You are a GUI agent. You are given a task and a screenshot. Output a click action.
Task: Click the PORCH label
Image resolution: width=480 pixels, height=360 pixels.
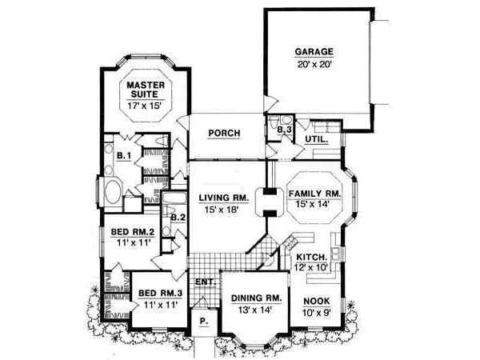coord(223,134)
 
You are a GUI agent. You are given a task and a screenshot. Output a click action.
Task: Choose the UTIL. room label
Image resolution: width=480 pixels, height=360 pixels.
coord(317,140)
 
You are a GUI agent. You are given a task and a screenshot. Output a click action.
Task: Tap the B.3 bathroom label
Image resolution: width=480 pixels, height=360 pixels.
coord(284,130)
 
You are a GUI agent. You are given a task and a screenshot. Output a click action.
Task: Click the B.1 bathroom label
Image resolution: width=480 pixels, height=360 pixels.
coord(123,155)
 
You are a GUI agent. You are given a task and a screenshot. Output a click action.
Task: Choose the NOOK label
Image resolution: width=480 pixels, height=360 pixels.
coord(316,302)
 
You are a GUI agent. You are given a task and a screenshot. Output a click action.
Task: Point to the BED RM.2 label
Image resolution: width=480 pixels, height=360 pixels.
coord(130,234)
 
